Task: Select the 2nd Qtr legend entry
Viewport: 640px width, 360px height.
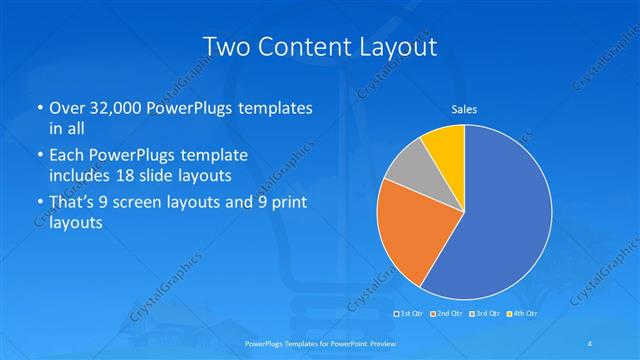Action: point(447,314)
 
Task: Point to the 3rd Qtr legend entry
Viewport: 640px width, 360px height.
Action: point(484,314)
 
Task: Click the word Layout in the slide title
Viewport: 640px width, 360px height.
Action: point(389,46)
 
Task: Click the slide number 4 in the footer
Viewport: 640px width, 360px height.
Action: point(591,343)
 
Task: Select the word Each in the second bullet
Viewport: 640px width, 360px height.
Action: point(68,156)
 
